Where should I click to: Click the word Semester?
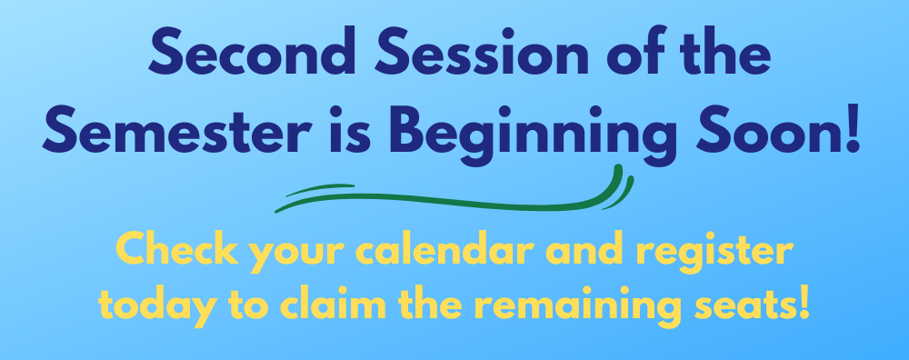pos(177,129)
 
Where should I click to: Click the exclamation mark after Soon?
pos(853,129)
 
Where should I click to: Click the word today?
pos(157,305)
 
